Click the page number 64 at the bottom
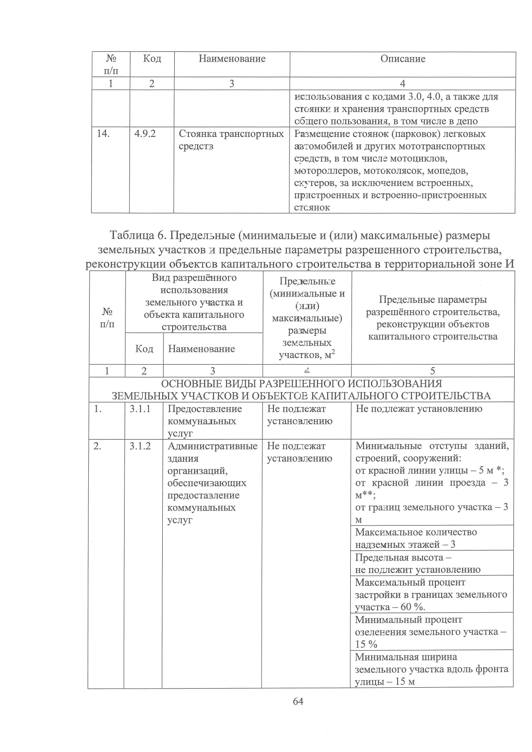(x=297, y=701)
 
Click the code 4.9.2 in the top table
(x=145, y=134)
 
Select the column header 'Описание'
(x=403, y=59)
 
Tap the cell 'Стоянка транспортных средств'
(x=231, y=140)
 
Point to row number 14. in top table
(x=103, y=134)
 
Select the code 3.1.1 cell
(x=140, y=409)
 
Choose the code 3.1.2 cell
(x=140, y=446)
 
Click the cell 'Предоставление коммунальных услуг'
(x=205, y=421)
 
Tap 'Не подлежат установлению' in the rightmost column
(x=419, y=409)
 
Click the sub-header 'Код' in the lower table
(x=144, y=349)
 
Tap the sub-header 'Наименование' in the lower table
(x=201, y=349)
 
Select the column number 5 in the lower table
(x=433, y=371)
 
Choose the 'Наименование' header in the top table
(x=232, y=59)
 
